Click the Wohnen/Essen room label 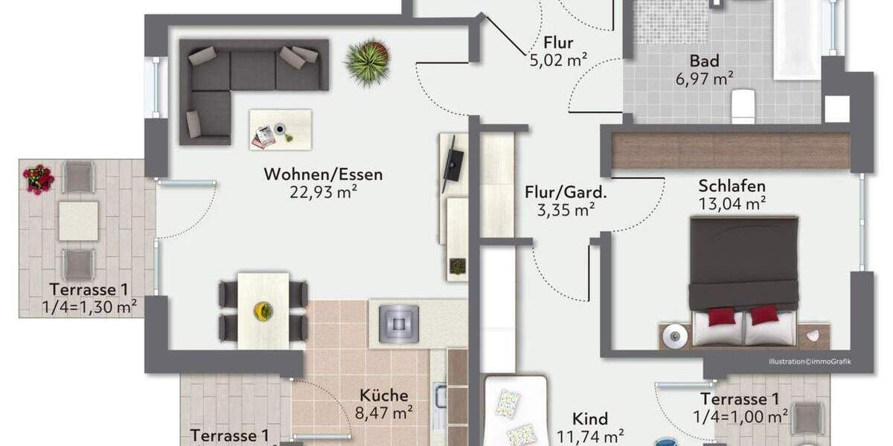coord(323,175)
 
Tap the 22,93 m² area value coord(323,193)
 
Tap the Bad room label coord(704,60)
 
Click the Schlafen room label coord(732,186)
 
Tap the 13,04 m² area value coord(732,203)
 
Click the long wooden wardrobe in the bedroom coord(730,151)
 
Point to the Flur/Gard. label coord(566,193)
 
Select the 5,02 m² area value coord(559,60)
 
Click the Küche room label coord(384,395)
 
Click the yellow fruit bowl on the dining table coord(262,310)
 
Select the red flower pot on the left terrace coord(38,179)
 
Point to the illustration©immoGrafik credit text coord(810,362)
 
